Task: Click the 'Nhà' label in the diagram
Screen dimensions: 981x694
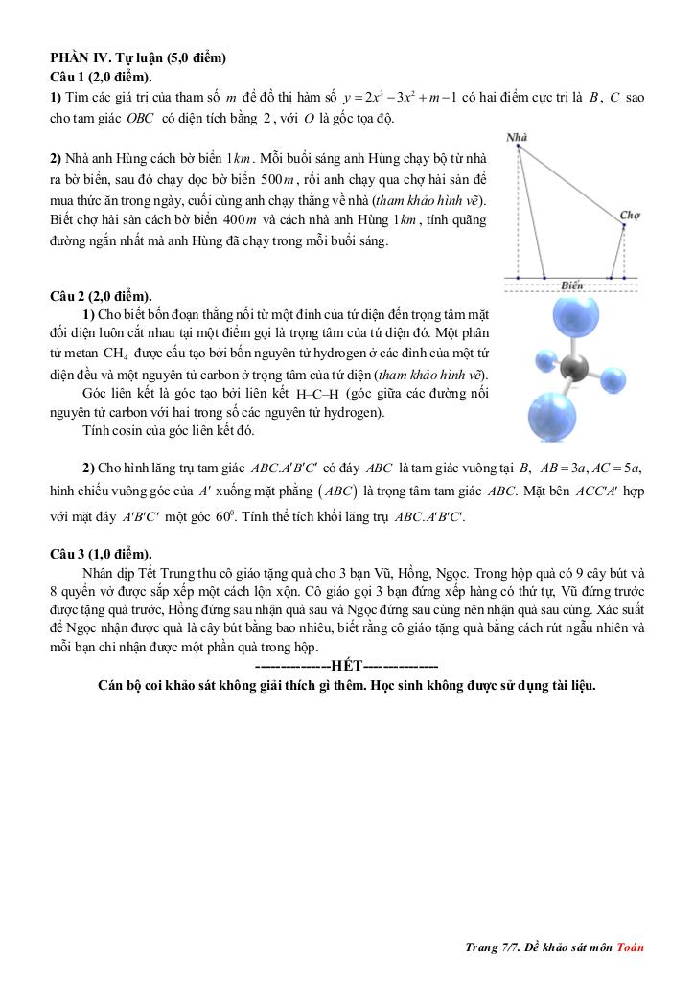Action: coord(518,138)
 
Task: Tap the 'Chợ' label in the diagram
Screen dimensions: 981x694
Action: coord(630,216)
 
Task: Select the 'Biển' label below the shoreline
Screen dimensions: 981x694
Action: coord(572,285)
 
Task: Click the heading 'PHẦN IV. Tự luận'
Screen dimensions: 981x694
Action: coord(137,57)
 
